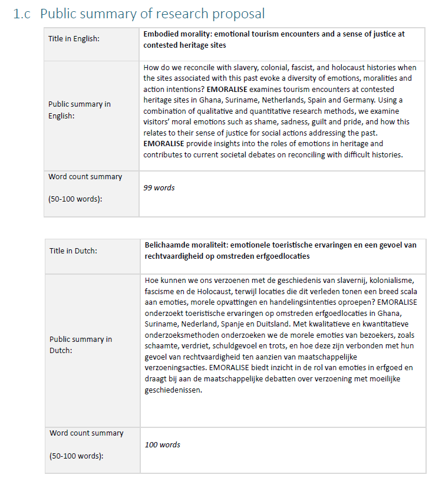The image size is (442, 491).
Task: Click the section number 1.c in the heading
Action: (x=22, y=14)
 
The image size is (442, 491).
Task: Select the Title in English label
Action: (x=74, y=39)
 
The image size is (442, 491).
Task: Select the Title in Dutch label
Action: (x=73, y=251)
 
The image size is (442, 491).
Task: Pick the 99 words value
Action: (x=159, y=187)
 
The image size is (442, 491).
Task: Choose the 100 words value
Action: (x=163, y=444)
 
